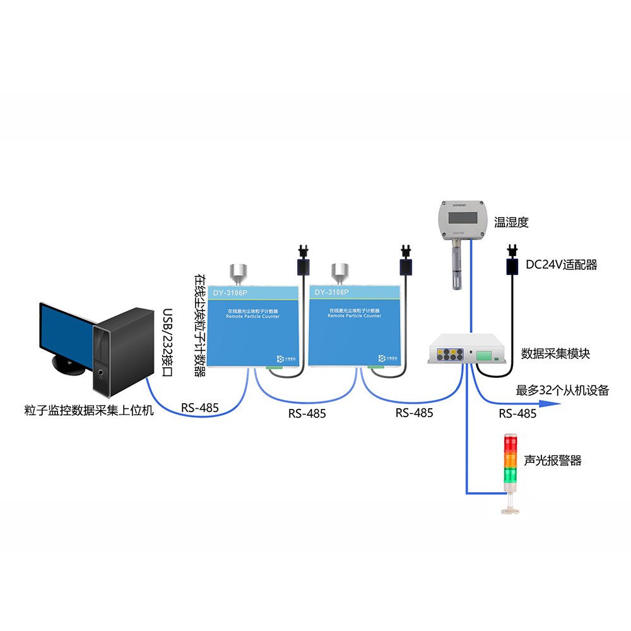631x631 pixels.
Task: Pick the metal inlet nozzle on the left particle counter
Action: pos(238,273)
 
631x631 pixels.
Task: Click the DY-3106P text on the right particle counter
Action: pos(331,292)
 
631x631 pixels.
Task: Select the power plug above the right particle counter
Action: pos(406,260)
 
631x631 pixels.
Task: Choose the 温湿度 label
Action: pos(510,222)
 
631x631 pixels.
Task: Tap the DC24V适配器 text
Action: pos(561,265)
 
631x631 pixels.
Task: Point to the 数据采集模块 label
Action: pos(555,353)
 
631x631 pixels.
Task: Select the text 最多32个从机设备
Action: pos(563,390)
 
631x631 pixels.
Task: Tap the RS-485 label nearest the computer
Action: pos(199,408)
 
